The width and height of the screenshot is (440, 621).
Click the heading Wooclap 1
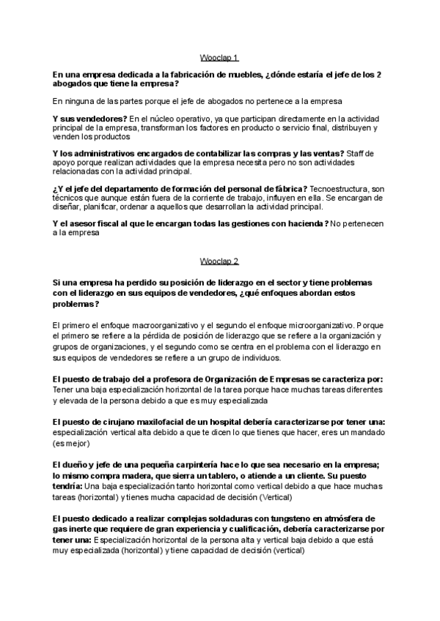tap(219, 57)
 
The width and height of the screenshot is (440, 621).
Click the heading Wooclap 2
tap(219, 260)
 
